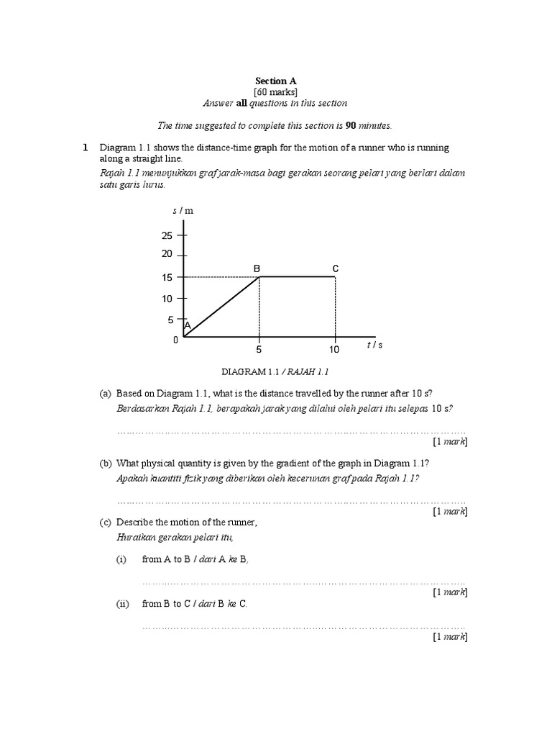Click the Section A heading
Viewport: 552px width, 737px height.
pyautogui.click(x=275, y=81)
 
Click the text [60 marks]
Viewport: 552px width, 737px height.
pyautogui.click(x=275, y=92)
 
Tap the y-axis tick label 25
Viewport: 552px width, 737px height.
pyautogui.click(x=167, y=235)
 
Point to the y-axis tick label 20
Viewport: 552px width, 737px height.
pyautogui.click(x=167, y=254)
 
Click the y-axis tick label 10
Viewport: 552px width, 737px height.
pyautogui.click(x=167, y=299)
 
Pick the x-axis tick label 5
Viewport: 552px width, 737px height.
pyautogui.click(x=259, y=351)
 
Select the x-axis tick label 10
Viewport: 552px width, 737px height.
pyautogui.click(x=335, y=351)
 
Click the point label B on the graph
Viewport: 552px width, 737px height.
pyautogui.click(x=256, y=268)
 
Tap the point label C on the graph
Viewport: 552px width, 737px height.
pyautogui.click(x=335, y=268)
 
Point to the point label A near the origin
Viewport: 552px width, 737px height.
pyautogui.click(x=187, y=326)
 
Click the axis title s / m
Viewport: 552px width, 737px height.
pyautogui.click(x=183, y=211)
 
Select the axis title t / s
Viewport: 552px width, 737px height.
pyautogui.click(x=374, y=345)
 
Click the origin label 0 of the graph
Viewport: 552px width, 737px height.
pyautogui.click(x=175, y=340)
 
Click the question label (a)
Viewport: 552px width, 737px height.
pyautogui.click(x=106, y=393)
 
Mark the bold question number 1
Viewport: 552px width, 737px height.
pyautogui.click(x=85, y=148)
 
